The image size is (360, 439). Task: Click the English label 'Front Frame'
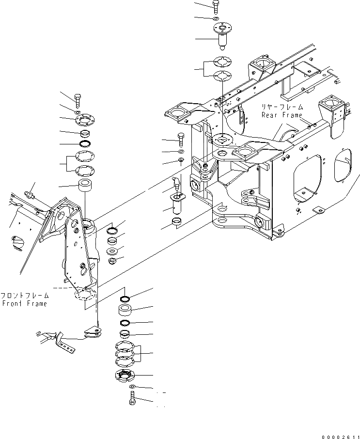click(24, 304)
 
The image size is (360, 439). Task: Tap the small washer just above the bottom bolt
click(132, 386)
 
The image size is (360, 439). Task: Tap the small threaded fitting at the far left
click(30, 194)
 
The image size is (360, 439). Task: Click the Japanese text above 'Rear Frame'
click(282, 107)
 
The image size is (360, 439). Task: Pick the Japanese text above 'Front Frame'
click(24, 295)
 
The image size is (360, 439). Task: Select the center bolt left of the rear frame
click(181, 140)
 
